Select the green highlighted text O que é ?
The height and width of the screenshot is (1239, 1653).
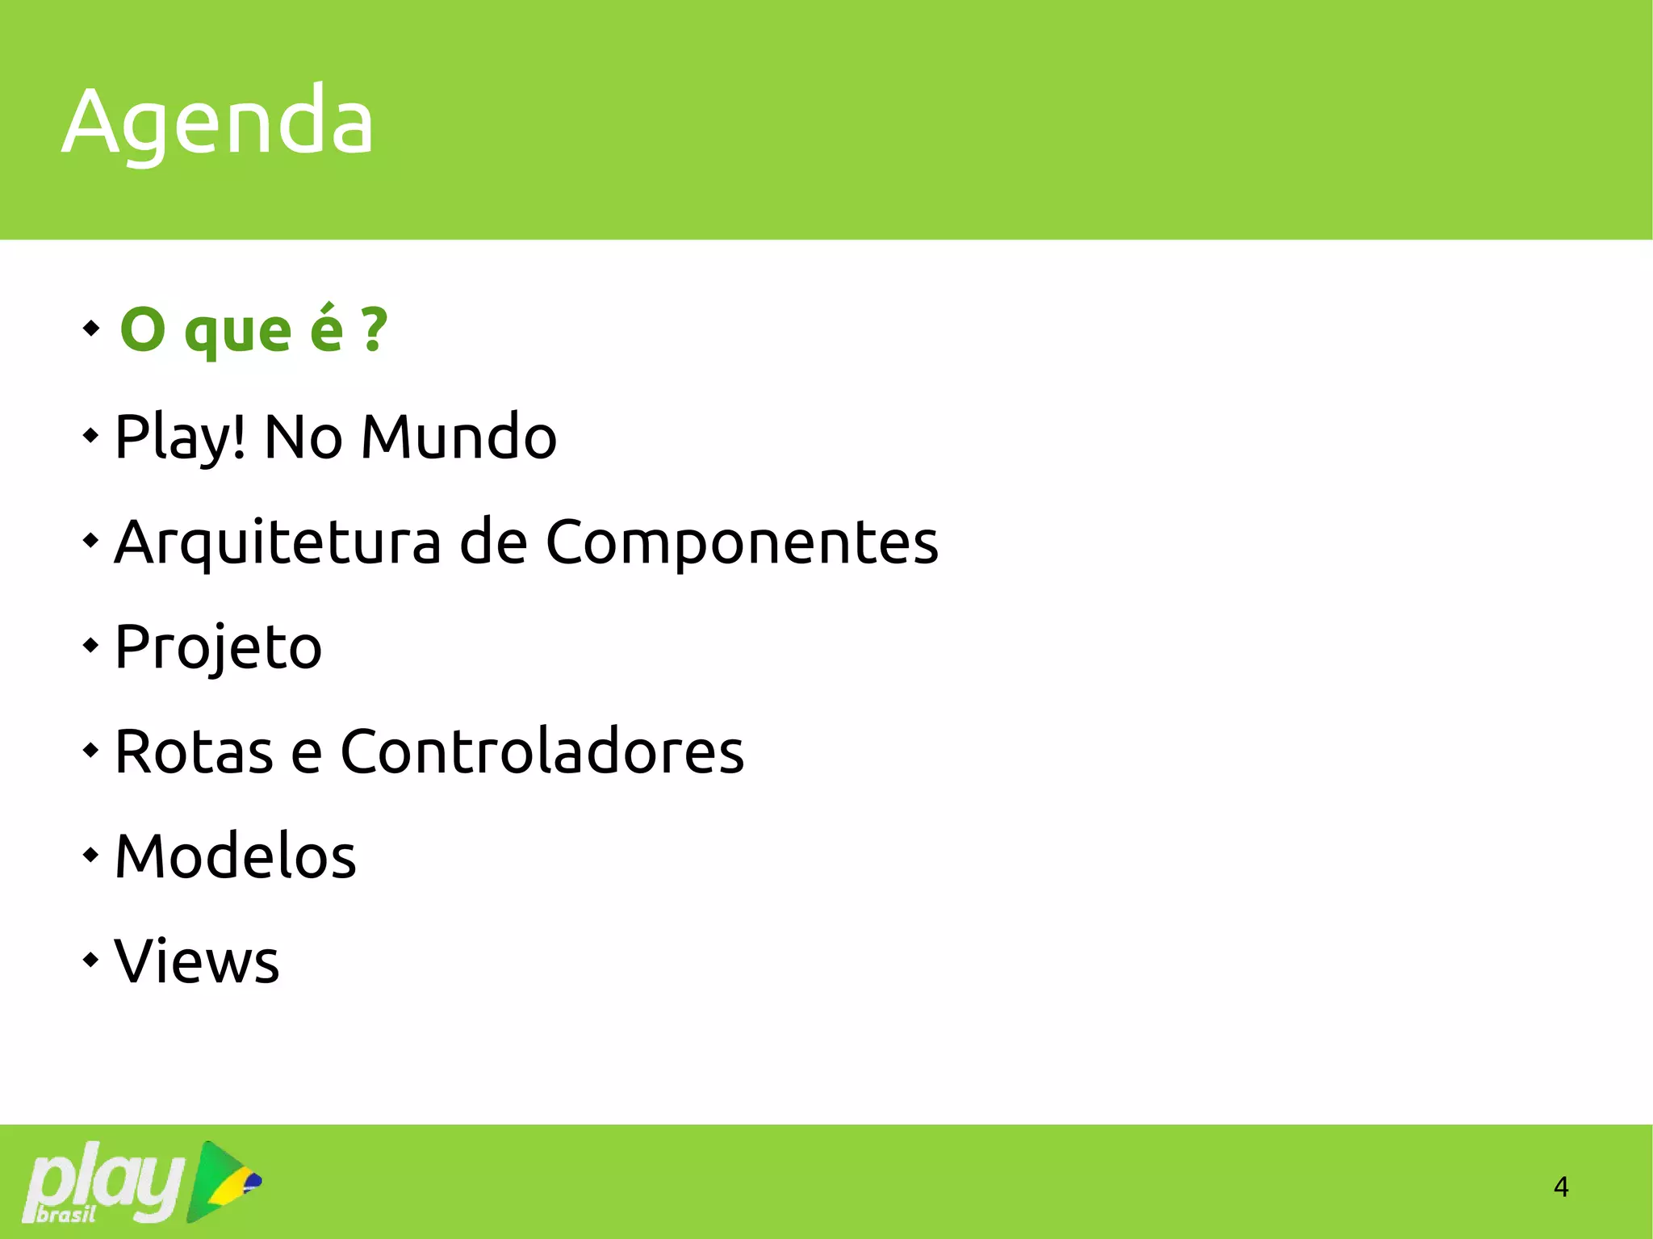coord(253,329)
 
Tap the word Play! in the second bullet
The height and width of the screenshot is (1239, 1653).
coord(180,437)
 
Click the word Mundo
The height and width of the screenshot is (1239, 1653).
coord(458,437)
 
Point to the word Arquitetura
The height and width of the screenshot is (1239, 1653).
coord(278,542)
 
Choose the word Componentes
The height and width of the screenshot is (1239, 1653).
coord(742,542)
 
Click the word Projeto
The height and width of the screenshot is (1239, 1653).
coord(219,647)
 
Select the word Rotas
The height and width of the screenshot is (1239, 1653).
coord(194,751)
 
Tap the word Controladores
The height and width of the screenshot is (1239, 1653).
coord(542,751)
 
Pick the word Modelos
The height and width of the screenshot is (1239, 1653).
coord(236,856)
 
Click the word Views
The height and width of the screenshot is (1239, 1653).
coord(197,961)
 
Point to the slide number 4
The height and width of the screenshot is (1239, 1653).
coord(1561,1187)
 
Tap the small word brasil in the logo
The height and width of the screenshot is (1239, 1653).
coord(66,1214)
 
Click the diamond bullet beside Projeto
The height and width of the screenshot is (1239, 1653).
coord(90,645)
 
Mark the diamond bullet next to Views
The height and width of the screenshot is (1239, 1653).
coord(90,960)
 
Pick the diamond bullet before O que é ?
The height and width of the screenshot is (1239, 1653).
coord(91,328)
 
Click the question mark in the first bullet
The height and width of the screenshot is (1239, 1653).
coord(374,329)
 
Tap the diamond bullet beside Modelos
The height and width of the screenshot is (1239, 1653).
coord(90,854)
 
